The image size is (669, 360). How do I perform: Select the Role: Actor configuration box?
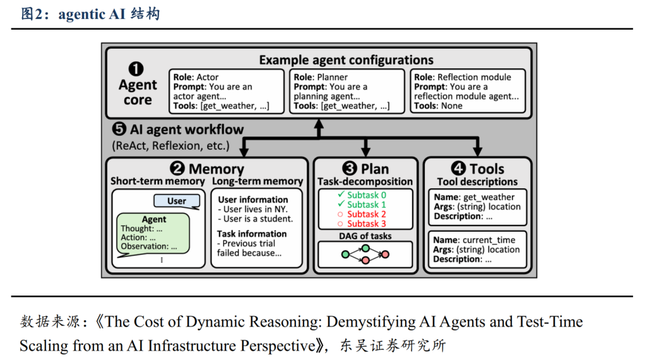(x=227, y=92)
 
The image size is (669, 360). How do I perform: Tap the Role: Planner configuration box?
(x=346, y=92)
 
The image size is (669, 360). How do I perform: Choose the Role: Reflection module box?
(x=468, y=92)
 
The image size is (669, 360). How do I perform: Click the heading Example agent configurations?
(x=346, y=61)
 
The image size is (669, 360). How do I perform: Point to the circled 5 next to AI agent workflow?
(x=119, y=129)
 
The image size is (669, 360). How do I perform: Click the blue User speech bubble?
(x=177, y=201)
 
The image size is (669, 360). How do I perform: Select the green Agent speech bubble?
(x=154, y=233)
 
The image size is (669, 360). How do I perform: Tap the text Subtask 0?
(x=366, y=195)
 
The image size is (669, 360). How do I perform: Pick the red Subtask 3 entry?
(x=366, y=224)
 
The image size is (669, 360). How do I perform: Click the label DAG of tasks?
(x=364, y=236)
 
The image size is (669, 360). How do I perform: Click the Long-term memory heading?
(x=258, y=182)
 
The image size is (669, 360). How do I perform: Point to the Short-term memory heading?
(x=158, y=182)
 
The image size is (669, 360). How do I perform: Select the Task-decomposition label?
(x=365, y=182)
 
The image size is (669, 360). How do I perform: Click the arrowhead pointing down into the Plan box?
(x=365, y=152)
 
